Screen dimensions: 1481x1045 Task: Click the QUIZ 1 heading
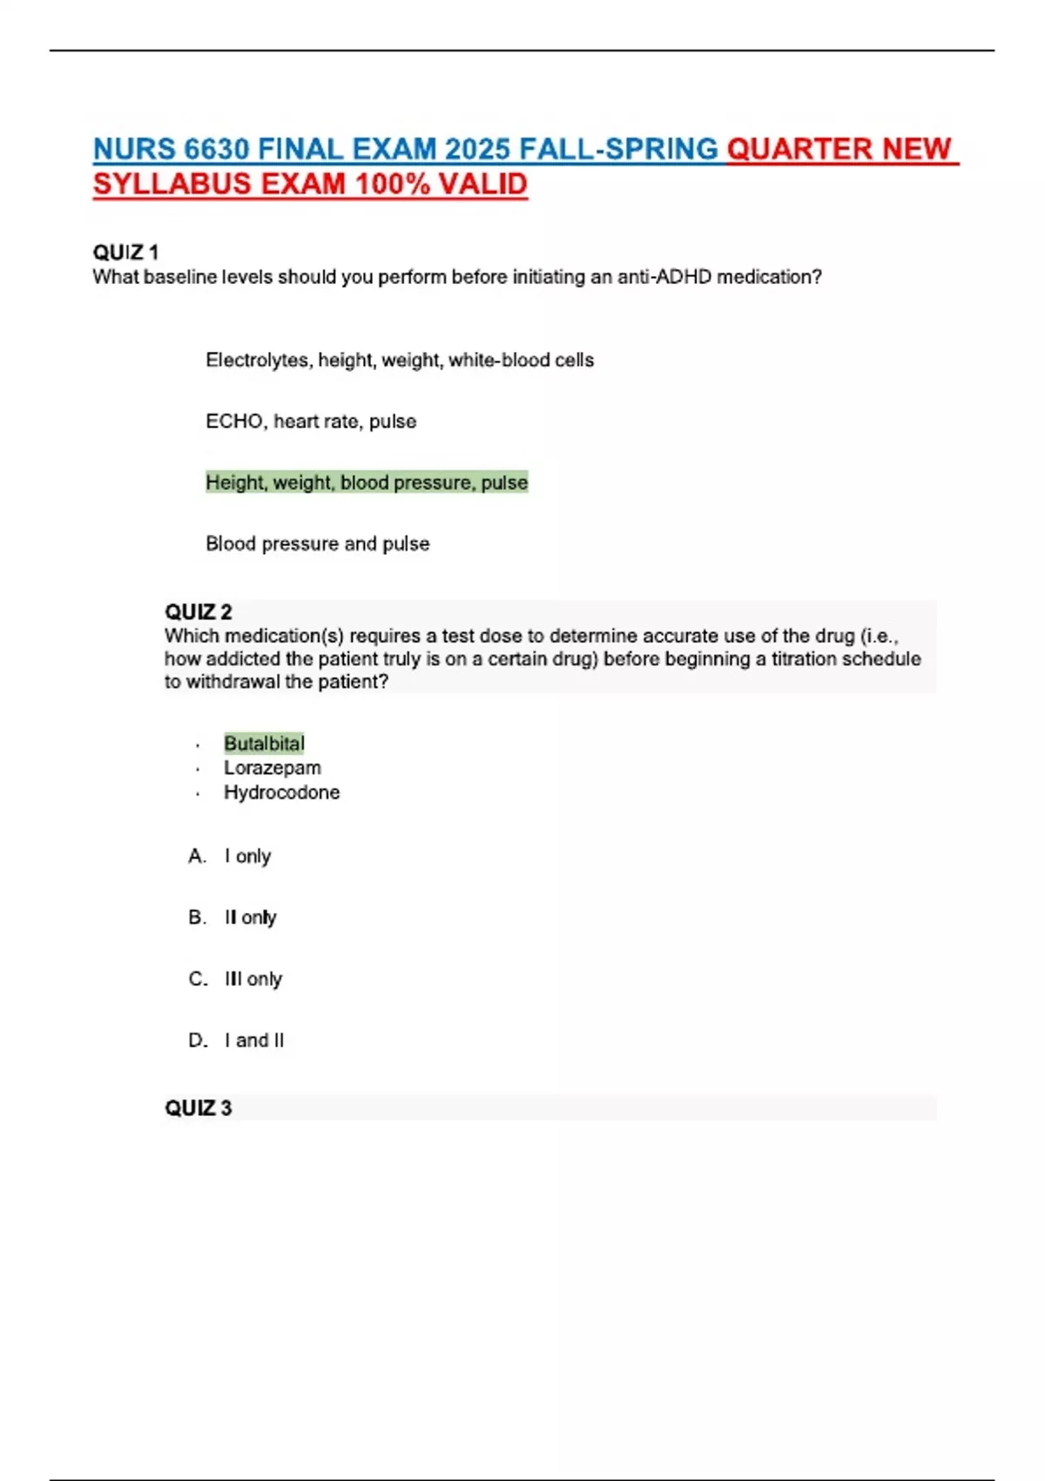pos(125,253)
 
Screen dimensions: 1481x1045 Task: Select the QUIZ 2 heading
pos(199,612)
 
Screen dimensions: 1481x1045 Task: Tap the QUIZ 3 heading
pos(199,1108)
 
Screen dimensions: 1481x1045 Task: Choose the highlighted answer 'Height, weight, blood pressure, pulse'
pos(367,483)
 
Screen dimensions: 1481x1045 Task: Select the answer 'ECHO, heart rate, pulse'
pos(311,422)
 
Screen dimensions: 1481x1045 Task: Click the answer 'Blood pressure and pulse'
pos(318,544)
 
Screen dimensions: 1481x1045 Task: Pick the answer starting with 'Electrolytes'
pos(400,361)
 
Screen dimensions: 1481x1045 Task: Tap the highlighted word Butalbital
pos(265,744)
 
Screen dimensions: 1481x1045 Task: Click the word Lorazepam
pos(273,768)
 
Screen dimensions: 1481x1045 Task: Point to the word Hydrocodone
pos(282,793)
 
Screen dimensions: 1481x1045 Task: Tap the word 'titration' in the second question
pos(799,659)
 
